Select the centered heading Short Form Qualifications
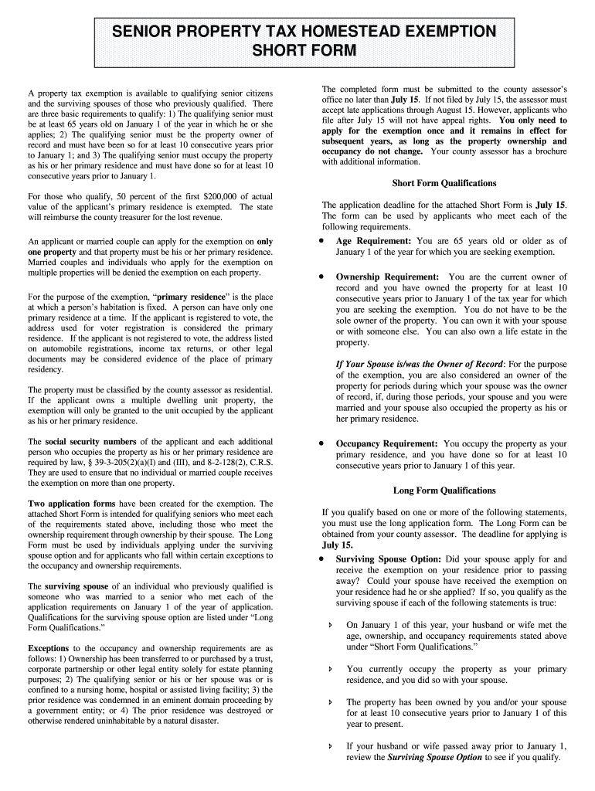444,183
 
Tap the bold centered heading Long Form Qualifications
444,491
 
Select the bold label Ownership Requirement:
387,277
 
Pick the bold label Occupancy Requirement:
386,444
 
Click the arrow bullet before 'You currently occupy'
331,669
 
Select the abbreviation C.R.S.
261,463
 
